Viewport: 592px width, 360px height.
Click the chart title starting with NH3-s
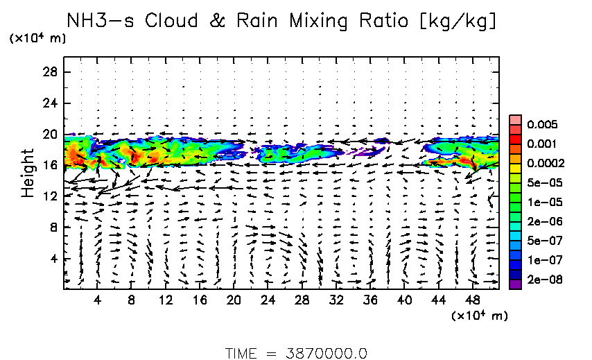pyautogui.click(x=281, y=21)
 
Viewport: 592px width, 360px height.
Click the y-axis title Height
pyautogui.click(x=28, y=171)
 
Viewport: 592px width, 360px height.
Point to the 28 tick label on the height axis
pyautogui.click(x=49, y=71)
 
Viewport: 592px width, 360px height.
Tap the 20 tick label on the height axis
pyautogui.click(x=49, y=134)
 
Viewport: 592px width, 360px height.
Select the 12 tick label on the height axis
pyautogui.click(x=49, y=196)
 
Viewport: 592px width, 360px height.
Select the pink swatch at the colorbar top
pyautogui.click(x=514, y=119)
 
